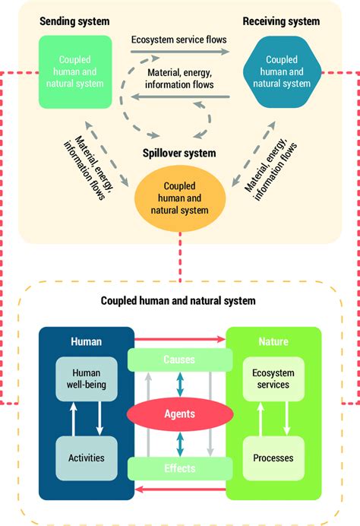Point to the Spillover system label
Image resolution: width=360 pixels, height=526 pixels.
pos(179,153)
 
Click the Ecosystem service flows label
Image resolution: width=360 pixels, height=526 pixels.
pos(179,39)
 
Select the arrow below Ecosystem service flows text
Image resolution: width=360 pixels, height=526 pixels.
pos(179,52)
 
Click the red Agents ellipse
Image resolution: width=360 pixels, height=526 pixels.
pos(180,414)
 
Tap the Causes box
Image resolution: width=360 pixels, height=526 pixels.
pos(180,359)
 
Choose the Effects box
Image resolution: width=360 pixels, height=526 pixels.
pos(180,468)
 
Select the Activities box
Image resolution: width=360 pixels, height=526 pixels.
pos(87,458)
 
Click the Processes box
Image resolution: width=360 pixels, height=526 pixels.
pos(273,458)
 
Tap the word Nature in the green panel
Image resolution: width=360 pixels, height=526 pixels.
pos(273,342)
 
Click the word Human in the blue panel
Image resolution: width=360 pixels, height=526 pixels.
pos(87,342)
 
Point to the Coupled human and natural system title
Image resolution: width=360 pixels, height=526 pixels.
pos(178,301)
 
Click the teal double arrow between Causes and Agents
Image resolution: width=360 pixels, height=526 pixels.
pos(180,386)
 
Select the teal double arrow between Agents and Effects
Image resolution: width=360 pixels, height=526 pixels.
pos(180,442)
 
